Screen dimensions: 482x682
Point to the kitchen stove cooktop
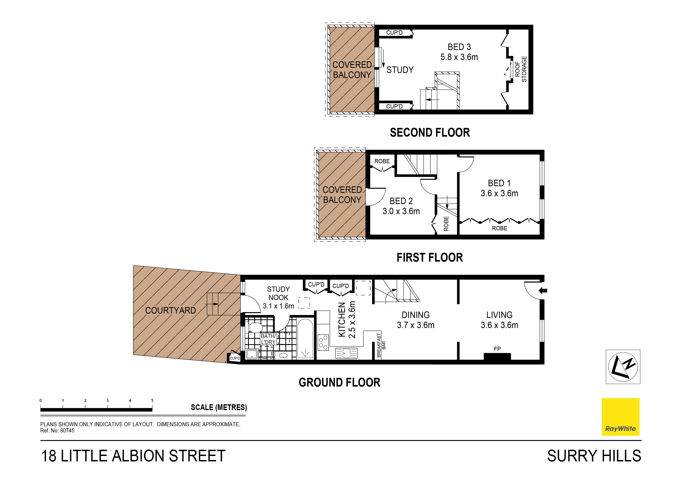(x=323, y=342)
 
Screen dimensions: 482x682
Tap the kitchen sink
(x=346, y=353)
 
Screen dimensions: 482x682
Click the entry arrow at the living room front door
(x=543, y=291)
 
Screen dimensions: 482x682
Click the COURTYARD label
(x=170, y=310)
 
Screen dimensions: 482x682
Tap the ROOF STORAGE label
(x=520, y=69)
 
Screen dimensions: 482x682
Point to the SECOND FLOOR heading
(x=429, y=133)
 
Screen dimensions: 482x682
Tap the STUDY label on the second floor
(x=400, y=70)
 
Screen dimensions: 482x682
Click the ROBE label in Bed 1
(x=499, y=228)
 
